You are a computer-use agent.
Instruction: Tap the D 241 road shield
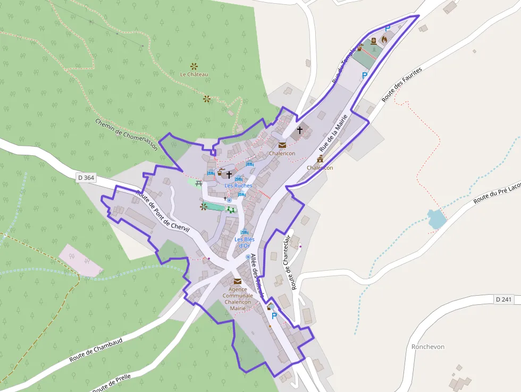click(503, 299)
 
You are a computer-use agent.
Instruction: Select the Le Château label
click(194, 74)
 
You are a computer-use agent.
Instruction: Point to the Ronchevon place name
click(428, 347)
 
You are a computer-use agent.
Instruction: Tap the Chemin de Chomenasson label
click(127, 134)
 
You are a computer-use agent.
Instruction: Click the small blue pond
click(436, 219)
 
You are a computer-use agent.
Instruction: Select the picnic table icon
click(198, 184)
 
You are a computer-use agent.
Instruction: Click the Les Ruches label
click(238, 186)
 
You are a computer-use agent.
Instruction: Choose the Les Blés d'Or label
click(245, 243)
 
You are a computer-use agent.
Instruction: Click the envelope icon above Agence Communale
click(237, 281)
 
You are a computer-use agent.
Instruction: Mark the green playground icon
click(231, 210)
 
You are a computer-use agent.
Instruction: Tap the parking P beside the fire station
click(388, 29)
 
